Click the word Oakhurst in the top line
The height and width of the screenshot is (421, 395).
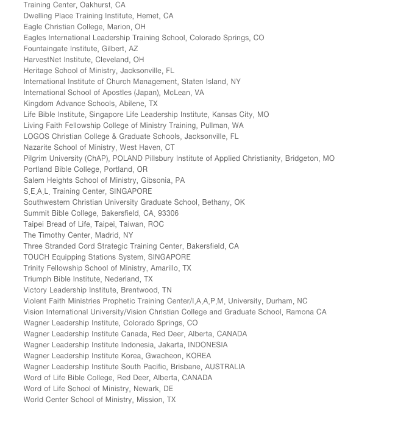pos(94,5)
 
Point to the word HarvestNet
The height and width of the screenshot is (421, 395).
pos(43,60)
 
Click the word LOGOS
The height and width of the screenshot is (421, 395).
pos(36,136)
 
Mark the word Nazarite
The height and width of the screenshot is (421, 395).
pos(40,147)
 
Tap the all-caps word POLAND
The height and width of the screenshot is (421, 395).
pos(127,158)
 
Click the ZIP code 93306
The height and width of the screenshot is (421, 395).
pos(168,213)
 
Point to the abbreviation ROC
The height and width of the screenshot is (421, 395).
pos(156,224)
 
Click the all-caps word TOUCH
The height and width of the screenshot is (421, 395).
pos(37,257)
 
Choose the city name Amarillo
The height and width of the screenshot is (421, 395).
pos(165,268)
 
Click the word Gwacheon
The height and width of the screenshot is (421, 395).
pos(163,356)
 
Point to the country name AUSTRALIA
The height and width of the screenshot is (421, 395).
pos(225,367)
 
